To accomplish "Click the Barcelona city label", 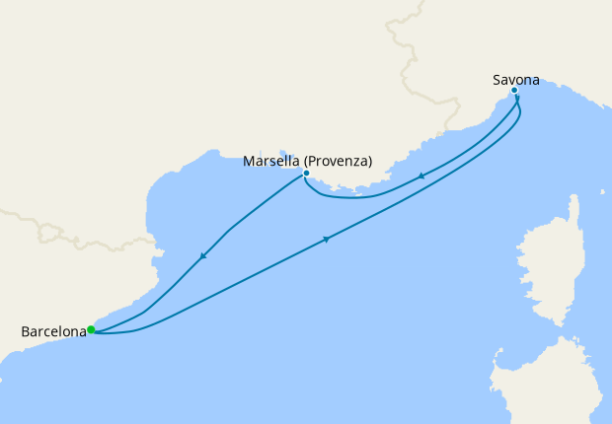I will tap(52, 332).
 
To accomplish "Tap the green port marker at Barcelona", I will tap(91, 329).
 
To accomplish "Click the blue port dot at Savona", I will tap(514, 91).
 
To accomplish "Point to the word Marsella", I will tap(272, 161).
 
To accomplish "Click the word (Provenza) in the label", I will tap(338, 161).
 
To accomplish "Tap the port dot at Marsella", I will tap(306, 174).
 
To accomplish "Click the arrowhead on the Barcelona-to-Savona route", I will tap(326, 239).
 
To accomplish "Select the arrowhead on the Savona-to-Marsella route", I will tap(421, 177).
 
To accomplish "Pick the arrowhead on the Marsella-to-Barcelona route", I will tap(202, 257).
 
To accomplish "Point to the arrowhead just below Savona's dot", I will tap(517, 100).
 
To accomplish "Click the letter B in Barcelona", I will tap(25, 332).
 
